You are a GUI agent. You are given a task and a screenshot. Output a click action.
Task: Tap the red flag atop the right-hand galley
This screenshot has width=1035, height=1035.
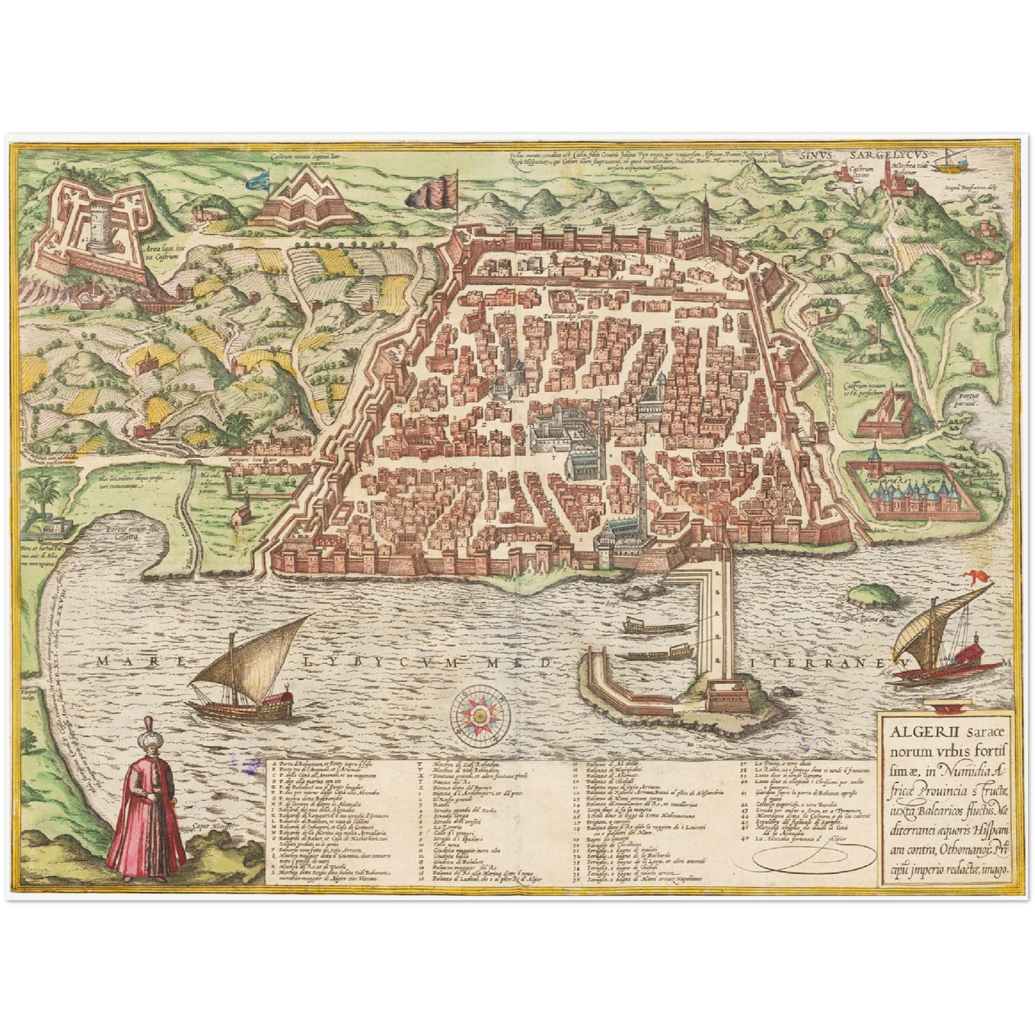(976, 575)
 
